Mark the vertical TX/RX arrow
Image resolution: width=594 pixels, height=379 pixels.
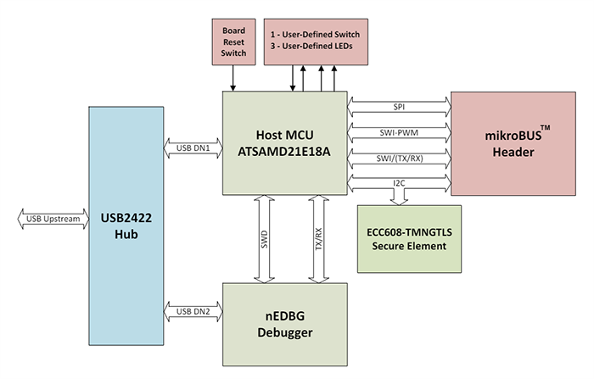(318, 238)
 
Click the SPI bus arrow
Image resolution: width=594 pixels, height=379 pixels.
(398, 107)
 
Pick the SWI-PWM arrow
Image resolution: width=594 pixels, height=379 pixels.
(398, 131)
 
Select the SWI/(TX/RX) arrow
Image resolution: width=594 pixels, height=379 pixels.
(398, 157)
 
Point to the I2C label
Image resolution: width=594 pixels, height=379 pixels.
(398, 181)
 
